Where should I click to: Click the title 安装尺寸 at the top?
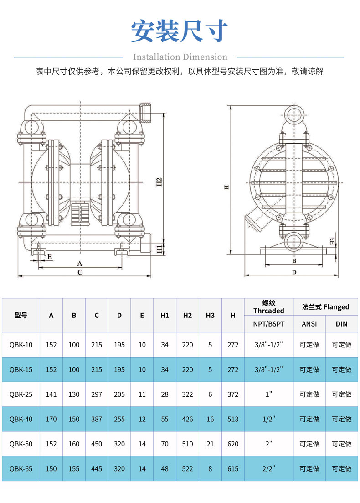click(x=180, y=31)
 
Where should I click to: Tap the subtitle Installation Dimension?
click(x=180, y=57)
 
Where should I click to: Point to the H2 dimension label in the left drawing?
click(x=159, y=182)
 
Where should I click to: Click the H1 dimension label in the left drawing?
click(x=159, y=249)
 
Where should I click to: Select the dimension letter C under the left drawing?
click(x=80, y=272)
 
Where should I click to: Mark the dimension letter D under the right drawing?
click(x=294, y=272)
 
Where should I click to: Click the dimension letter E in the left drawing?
click(x=50, y=257)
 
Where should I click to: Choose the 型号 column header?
click(x=21, y=315)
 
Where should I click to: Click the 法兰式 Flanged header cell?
click(x=325, y=307)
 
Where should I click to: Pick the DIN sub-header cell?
click(x=341, y=324)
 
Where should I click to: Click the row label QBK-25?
click(x=21, y=394)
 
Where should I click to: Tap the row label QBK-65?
click(x=21, y=468)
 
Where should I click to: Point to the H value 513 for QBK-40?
click(x=233, y=419)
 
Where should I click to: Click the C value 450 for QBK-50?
click(x=97, y=444)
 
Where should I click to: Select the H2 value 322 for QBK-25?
click(x=187, y=394)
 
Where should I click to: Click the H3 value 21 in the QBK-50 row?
click(x=210, y=444)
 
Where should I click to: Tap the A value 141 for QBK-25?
click(x=51, y=394)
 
